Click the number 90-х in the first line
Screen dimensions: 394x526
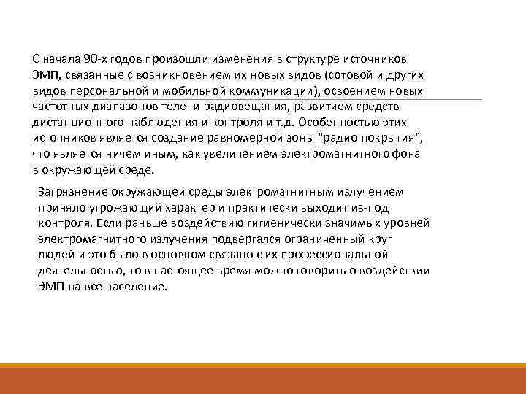[x=96, y=58]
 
